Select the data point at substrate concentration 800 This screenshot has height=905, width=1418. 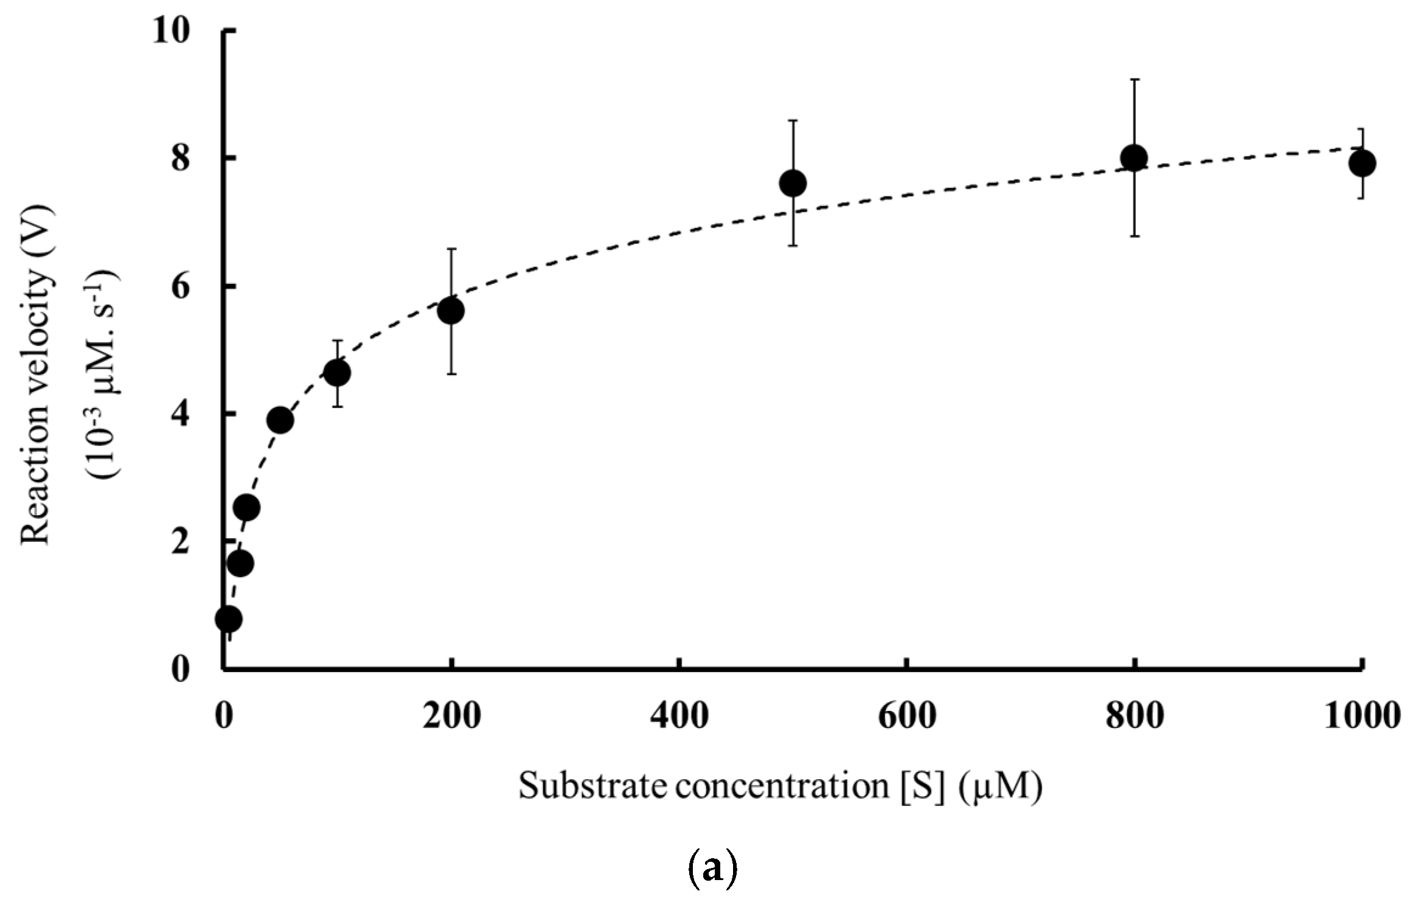click(x=1134, y=158)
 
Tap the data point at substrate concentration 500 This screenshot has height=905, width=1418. click(x=793, y=183)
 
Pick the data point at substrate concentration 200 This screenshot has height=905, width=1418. click(x=451, y=311)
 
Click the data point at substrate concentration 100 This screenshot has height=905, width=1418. click(x=337, y=373)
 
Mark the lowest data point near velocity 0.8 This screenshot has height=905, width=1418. click(x=229, y=619)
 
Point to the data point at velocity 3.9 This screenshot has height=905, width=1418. click(x=280, y=420)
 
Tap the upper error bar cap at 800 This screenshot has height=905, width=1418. click(x=1134, y=80)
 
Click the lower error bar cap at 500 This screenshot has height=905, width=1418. click(x=793, y=246)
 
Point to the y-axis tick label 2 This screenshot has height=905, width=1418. click(x=181, y=541)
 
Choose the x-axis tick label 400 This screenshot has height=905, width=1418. click(x=678, y=716)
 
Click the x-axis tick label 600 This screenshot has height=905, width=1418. click(x=906, y=716)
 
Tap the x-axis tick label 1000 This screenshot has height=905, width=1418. click(x=1362, y=716)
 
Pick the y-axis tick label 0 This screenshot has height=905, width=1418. click(x=181, y=670)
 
